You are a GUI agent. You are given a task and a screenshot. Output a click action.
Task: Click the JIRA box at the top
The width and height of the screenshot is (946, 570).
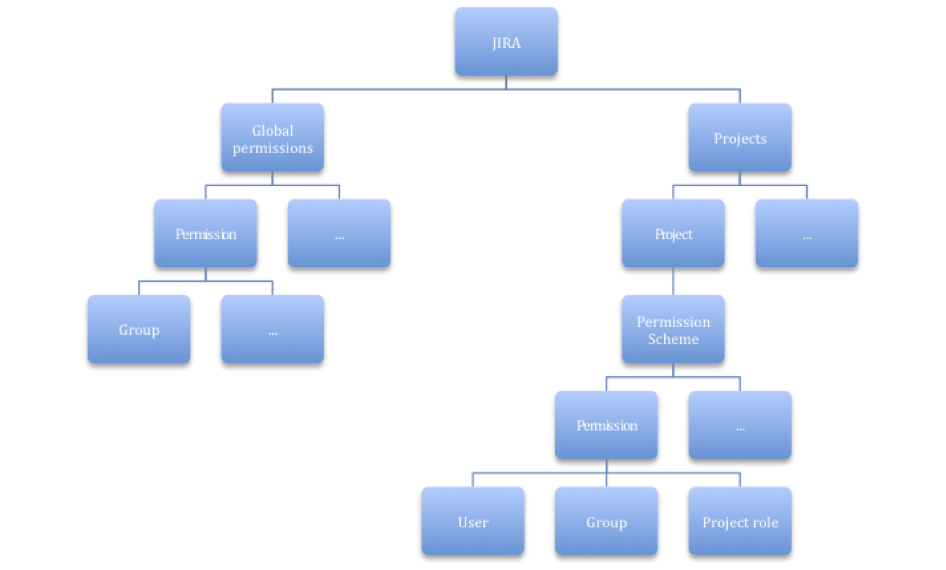506,42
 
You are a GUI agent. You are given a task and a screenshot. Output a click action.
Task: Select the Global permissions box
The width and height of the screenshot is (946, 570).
272,138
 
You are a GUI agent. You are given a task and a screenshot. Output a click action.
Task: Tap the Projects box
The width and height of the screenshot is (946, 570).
739,138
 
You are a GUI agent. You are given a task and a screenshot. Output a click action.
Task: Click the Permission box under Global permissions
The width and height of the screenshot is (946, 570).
205,234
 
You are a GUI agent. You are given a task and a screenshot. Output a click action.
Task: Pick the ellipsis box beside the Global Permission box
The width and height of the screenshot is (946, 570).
339,234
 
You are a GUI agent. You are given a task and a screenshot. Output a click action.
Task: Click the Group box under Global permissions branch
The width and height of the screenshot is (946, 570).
139,330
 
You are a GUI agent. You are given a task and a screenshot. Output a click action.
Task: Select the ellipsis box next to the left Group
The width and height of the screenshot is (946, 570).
272,330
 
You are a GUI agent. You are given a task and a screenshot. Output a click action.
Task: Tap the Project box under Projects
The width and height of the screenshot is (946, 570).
673,234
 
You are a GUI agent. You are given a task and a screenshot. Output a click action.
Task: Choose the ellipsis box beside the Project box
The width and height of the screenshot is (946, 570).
806,234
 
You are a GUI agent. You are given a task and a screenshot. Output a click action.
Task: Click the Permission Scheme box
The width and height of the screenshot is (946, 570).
673,330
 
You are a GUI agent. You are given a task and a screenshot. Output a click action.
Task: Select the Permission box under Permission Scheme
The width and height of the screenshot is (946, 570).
606,425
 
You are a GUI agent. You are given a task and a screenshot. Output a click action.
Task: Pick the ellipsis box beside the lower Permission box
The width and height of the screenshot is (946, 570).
739,425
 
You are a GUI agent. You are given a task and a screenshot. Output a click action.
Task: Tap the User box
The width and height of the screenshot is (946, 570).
472,522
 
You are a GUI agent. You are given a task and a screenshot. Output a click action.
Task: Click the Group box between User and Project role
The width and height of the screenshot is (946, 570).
606,522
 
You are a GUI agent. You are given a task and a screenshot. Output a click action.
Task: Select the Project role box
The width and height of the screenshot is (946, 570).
739,522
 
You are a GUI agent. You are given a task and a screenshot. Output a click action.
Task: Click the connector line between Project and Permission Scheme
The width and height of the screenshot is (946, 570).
673,281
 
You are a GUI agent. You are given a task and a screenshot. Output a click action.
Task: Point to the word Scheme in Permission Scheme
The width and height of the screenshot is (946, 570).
673,339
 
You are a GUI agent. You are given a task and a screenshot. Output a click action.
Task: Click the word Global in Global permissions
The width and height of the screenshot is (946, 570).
272,130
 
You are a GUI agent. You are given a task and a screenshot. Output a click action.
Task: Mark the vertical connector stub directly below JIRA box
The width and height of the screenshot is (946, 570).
506,83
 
